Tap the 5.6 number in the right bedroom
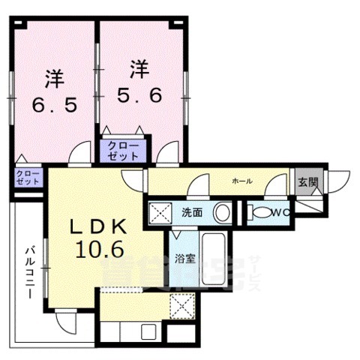click(x=137, y=94)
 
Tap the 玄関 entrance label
click(x=307, y=181)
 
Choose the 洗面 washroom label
click(x=192, y=212)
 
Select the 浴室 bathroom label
click(x=184, y=260)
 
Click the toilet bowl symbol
click(x=260, y=214)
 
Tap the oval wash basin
click(x=221, y=213)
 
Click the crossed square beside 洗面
click(x=159, y=212)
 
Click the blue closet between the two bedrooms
click(x=124, y=151)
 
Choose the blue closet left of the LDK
click(x=27, y=178)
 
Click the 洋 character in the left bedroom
click(x=52, y=76)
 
